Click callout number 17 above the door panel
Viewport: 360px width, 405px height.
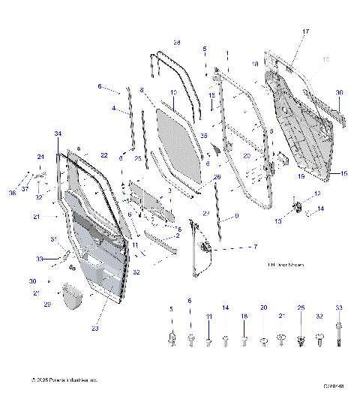(305, 31)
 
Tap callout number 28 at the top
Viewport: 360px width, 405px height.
(177, 42)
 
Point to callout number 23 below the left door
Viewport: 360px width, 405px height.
(95, 327)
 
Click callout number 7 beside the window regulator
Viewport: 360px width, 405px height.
(254, 247)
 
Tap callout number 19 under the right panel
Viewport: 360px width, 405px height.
(300, 176)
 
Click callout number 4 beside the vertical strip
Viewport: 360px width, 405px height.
(114, 109)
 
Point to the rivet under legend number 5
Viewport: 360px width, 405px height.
(172, 341)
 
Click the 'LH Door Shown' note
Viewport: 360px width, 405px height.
(284, 265)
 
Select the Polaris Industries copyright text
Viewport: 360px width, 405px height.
(64, 380)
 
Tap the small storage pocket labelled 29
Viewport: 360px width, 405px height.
(72, 295)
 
